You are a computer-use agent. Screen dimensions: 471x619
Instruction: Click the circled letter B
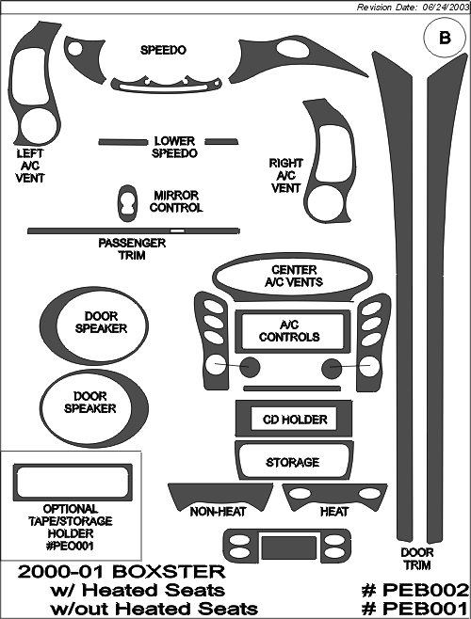point(445,38)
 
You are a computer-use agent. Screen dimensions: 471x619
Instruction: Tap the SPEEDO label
point(163,50)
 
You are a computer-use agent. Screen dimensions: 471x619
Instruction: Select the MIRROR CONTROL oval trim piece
point(128,203)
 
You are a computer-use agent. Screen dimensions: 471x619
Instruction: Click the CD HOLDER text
point(295,420)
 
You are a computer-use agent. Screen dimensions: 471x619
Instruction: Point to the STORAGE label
point(293,462)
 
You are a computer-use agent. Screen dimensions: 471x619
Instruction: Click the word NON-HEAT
point(218,512)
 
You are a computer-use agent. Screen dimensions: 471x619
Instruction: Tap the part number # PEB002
point(415,591)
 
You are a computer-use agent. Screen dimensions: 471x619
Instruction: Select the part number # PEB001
point(415,609)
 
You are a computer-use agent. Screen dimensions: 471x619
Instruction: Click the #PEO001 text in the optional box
point(71,546)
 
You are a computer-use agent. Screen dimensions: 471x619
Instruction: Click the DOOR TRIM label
point(417,559)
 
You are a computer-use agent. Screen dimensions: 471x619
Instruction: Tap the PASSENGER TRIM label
point(132,249)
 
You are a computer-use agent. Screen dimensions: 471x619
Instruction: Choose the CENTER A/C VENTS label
point(294,276)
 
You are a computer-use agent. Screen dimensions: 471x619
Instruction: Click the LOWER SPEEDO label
point(174,147)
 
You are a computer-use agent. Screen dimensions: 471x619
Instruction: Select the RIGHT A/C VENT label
point(286,176)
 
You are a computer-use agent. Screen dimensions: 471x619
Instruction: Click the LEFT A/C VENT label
point(30,166)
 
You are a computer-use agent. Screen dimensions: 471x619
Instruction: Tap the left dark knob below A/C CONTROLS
point(249,368)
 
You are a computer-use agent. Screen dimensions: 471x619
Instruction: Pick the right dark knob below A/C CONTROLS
point(332,369)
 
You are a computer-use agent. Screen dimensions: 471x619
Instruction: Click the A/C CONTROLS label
point(289,331)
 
